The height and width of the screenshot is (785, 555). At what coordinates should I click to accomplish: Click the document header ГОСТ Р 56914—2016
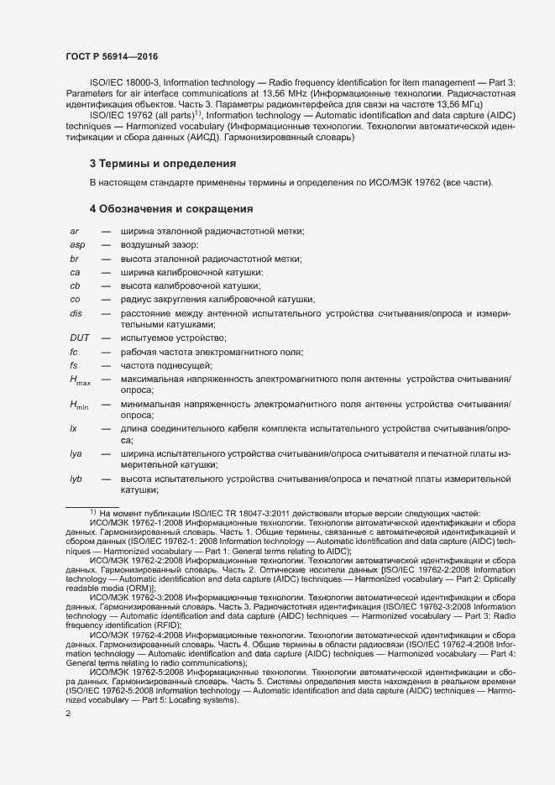coord(112,56)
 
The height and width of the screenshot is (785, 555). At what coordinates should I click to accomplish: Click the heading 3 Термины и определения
coord(162,163)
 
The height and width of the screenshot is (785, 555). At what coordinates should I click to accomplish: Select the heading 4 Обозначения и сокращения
coord(171,208)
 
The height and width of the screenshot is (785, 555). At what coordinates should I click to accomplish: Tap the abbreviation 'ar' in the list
coord(74,231)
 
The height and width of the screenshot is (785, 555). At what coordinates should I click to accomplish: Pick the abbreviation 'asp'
coord(76,245)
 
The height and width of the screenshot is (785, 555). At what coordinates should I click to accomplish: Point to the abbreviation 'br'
coord(74,259)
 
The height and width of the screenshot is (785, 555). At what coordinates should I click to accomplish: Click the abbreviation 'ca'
coord(75,273)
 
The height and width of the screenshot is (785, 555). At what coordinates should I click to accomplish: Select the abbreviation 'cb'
coord(75,286)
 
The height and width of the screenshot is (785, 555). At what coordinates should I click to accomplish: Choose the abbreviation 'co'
coord(75,300)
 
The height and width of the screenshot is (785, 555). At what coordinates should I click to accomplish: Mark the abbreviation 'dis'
coord(76,313)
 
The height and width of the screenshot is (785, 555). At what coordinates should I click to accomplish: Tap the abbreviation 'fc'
coord(74,352)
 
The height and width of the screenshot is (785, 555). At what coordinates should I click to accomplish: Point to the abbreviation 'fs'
coord(74,365)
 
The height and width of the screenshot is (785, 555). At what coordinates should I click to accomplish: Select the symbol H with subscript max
coord(81,380)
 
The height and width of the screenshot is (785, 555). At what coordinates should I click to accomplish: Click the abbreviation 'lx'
coord(74,428)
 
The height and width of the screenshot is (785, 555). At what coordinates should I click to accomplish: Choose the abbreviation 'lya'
coord(76,453)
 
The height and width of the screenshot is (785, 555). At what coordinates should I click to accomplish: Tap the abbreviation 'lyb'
coord(76,479)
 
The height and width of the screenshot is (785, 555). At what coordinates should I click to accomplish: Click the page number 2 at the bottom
coord(68,714)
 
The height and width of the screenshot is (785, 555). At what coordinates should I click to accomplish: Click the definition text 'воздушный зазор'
coord(159,245)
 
